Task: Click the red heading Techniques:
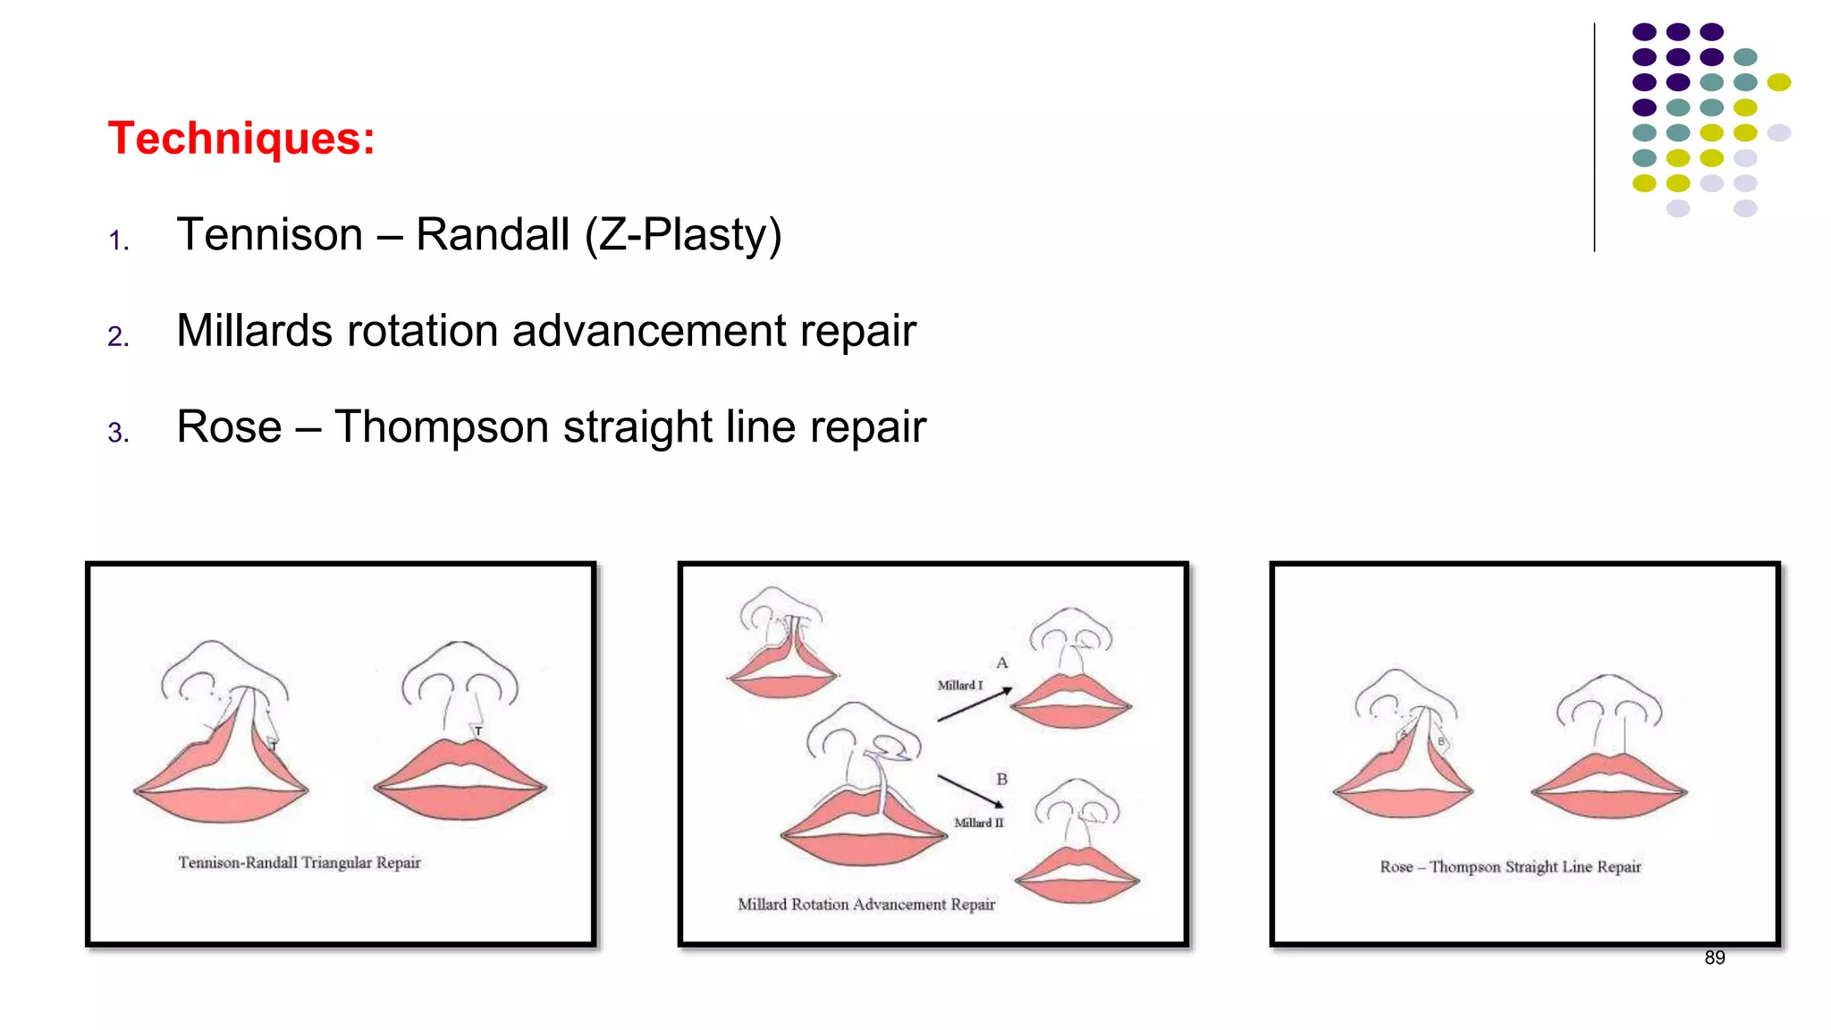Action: pyautogui.click(x=241, y=139)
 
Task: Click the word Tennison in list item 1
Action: pyautogui.click(x=270, y=235)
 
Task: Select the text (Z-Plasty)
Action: pyautogui.click(x=683, y=235)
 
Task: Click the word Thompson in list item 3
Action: pyautogui.click(x=442, y=426)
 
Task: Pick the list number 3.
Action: pyautogui.click(x=118, y=433)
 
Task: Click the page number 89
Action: pyautogui.click(x=1714, y=958)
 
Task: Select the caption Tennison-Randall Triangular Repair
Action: pyautogui.click(x=299, y=863)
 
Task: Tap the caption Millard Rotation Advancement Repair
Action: pyautogui.click(x=865, y=904)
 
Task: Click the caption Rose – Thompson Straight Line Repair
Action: pyautogui.click(x=1510, y=866)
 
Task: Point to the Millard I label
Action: pyautogui.click(x=959, y=685)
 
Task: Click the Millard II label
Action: pyautogui.click(x=978, y=823)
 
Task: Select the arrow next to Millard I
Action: pyautogui.click(x=975, y=705)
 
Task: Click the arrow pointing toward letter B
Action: pyautogui.click(x=970, y=790)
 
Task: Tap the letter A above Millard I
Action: pyautogui.click(x=1002, y=663)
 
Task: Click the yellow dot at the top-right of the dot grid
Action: pyautogui.click(x=1778, y=82)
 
